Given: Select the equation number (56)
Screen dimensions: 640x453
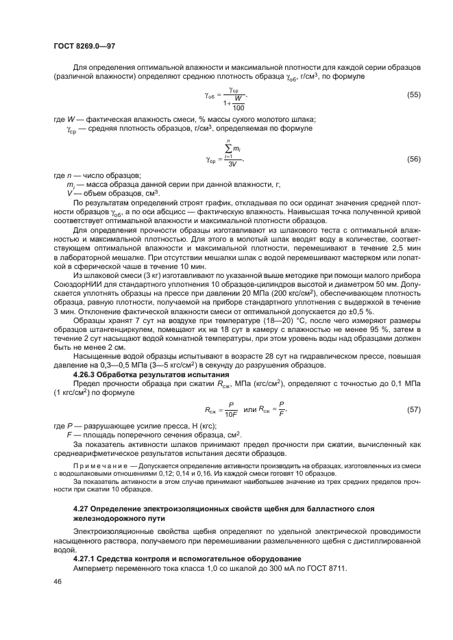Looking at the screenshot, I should point(414,159).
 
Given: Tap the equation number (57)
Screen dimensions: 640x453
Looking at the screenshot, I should point(414,409).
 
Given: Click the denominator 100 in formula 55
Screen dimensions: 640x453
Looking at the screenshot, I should point(238,107).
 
